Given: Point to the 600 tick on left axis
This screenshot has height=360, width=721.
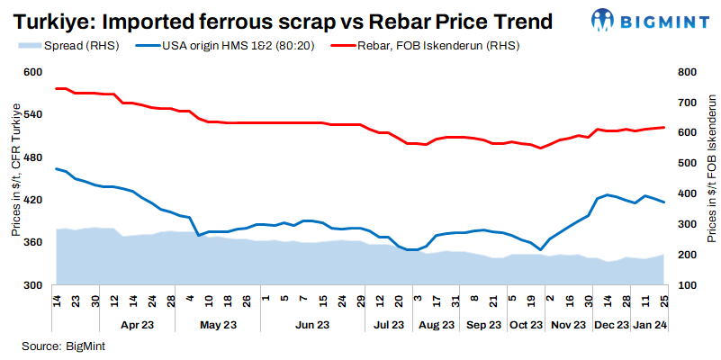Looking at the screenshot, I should click(32, 73).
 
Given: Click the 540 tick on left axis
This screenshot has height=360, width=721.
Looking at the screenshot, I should click(32, 115).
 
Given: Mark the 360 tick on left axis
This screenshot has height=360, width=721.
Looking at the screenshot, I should click(32, 243).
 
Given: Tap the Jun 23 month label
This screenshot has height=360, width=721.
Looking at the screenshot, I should click(312, 323).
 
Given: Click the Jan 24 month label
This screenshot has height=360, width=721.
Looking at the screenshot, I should click(648, 323).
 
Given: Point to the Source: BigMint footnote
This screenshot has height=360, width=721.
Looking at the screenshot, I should click(55, 346).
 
